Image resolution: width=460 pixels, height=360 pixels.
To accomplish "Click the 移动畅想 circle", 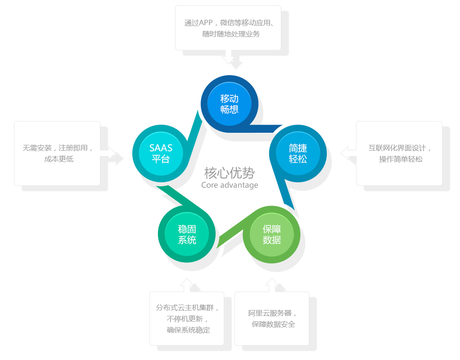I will click(229, 104).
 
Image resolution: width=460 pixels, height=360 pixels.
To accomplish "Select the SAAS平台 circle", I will click(161, 153).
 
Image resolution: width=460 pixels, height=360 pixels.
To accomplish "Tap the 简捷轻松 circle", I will click(298, 153).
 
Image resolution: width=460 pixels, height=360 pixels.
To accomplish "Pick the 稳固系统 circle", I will click(187, 234).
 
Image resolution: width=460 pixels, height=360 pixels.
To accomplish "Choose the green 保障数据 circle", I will click(271, 234).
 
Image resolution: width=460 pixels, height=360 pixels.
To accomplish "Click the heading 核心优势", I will click(229, 173).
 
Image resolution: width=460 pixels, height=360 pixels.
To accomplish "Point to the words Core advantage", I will click(230, 185).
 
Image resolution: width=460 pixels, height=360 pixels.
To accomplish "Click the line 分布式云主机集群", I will click(187, 308).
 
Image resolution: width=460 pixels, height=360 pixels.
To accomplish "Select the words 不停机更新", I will click(187, 319).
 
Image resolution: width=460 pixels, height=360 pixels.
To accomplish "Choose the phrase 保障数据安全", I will click(273, 324).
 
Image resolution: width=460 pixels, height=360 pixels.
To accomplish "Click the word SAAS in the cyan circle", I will click(161, 148).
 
